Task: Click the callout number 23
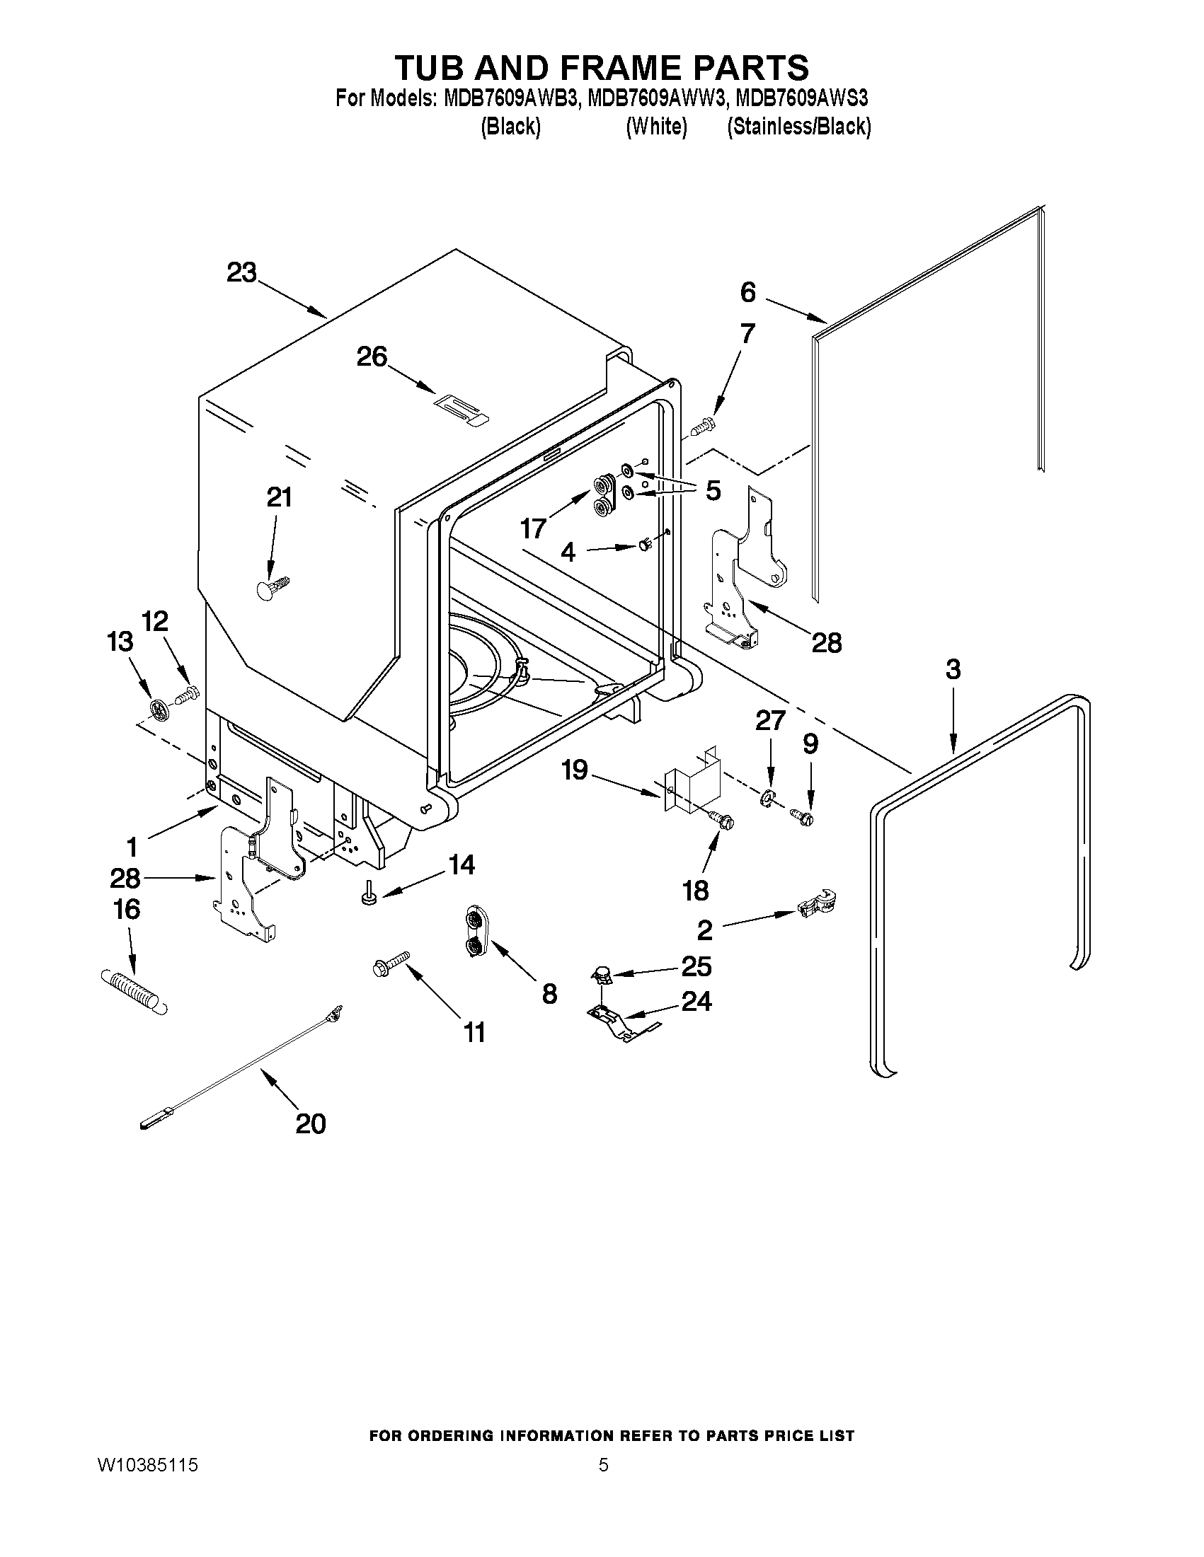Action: point(241,272)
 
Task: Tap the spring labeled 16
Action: point(134,990)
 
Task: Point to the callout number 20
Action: point(311,1123)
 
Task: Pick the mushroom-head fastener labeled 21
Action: point(271,587)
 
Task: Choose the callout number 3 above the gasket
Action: point(953,669)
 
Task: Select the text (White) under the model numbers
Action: point(656,127)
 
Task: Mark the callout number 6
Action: point(747,291)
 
